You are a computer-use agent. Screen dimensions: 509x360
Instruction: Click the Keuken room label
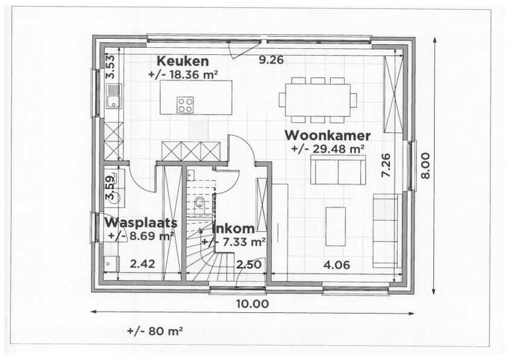tap(183, 61)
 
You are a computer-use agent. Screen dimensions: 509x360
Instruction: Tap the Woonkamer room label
tap(328, 135)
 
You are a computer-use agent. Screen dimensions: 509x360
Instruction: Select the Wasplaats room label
tap(141, 223)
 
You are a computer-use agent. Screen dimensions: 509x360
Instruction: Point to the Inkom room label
tap(233, 229)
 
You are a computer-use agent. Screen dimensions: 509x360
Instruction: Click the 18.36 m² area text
tap(183, 74)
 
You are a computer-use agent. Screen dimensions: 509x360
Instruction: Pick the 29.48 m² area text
tap(328, 149)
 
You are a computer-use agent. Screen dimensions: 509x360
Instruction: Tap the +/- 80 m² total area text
tap(155, 331)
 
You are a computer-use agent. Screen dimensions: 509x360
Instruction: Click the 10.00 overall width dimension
tap(252, 304)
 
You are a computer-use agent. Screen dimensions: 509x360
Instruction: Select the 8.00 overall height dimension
tap(425, 166)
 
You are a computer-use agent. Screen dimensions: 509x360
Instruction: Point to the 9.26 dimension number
tap(271, 60)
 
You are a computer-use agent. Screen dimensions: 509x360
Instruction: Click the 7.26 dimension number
tap(386, 166)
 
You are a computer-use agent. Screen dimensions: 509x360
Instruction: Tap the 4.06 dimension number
tap(337, 265)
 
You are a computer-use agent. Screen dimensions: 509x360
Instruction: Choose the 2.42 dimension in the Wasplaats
tap(143, 264)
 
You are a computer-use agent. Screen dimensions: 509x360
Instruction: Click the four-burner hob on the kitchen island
tap(185, 104)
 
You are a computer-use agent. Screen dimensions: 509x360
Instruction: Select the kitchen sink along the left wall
tap(113, 96)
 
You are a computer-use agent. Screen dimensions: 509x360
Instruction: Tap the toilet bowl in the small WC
tap(199, 203)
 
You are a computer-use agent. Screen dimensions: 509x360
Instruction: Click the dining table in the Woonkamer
tap(317, 100)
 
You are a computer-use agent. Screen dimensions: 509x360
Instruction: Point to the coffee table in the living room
tap(336, 227)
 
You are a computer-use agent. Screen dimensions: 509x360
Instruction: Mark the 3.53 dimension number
tap(111, 67)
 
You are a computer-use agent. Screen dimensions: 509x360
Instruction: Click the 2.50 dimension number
tap(248, 265)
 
